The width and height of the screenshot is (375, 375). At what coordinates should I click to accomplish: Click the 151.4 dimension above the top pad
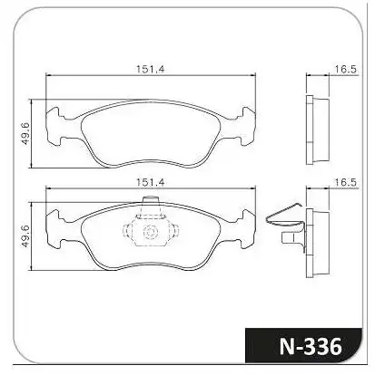(150, 69)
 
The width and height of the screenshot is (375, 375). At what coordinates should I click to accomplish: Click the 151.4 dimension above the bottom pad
(150, 182)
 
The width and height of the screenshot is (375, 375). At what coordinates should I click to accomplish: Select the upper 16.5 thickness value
(346, 69)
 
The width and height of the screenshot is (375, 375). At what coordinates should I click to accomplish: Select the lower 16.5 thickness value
(346, 182)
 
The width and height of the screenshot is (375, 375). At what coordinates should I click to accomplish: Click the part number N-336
(311, 346)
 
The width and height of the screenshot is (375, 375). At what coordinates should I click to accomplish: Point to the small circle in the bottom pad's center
(151, 232)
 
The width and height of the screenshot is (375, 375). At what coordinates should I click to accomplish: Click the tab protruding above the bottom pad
(151, 200)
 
